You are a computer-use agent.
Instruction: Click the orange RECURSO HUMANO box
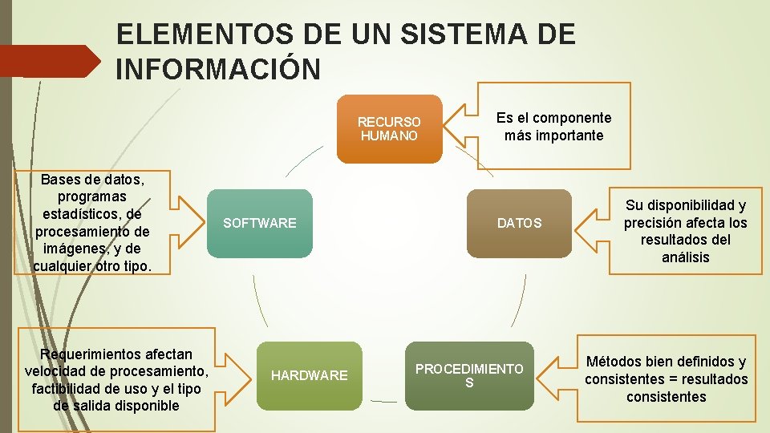point(389,129)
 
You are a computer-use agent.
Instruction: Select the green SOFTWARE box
point(260,223)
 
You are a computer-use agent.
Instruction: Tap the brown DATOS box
point(519,223)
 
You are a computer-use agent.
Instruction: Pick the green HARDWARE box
point(309,375)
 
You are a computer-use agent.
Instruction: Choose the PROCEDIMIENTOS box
point(469,375)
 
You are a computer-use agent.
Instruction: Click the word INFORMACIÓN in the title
point(218,69)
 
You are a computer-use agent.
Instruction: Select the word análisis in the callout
point(685,257)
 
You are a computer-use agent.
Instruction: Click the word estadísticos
point(90,214)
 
